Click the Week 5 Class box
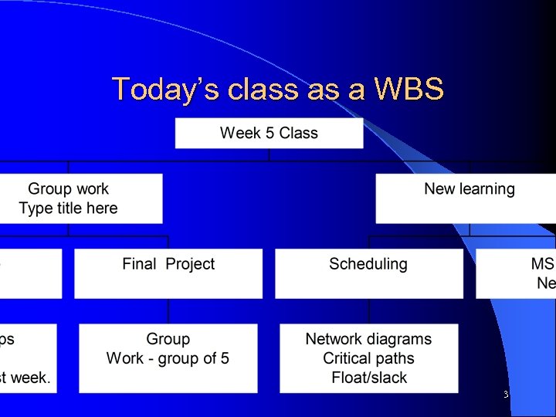[269, 133]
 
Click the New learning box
[466, 198]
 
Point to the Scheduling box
[368, 273]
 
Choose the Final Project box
[168, 273]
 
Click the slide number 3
[505, 395]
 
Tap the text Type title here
[69, 208]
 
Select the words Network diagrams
[368, 339]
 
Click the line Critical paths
[368, 358]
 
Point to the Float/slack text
[368, 378]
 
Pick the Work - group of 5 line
[168, 358]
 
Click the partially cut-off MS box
[516, 273]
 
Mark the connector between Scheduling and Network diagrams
[369, 310]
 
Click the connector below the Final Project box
[168, 310]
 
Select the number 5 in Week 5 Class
[270, 133]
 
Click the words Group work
[69, 189]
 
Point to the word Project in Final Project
[190, 264]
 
